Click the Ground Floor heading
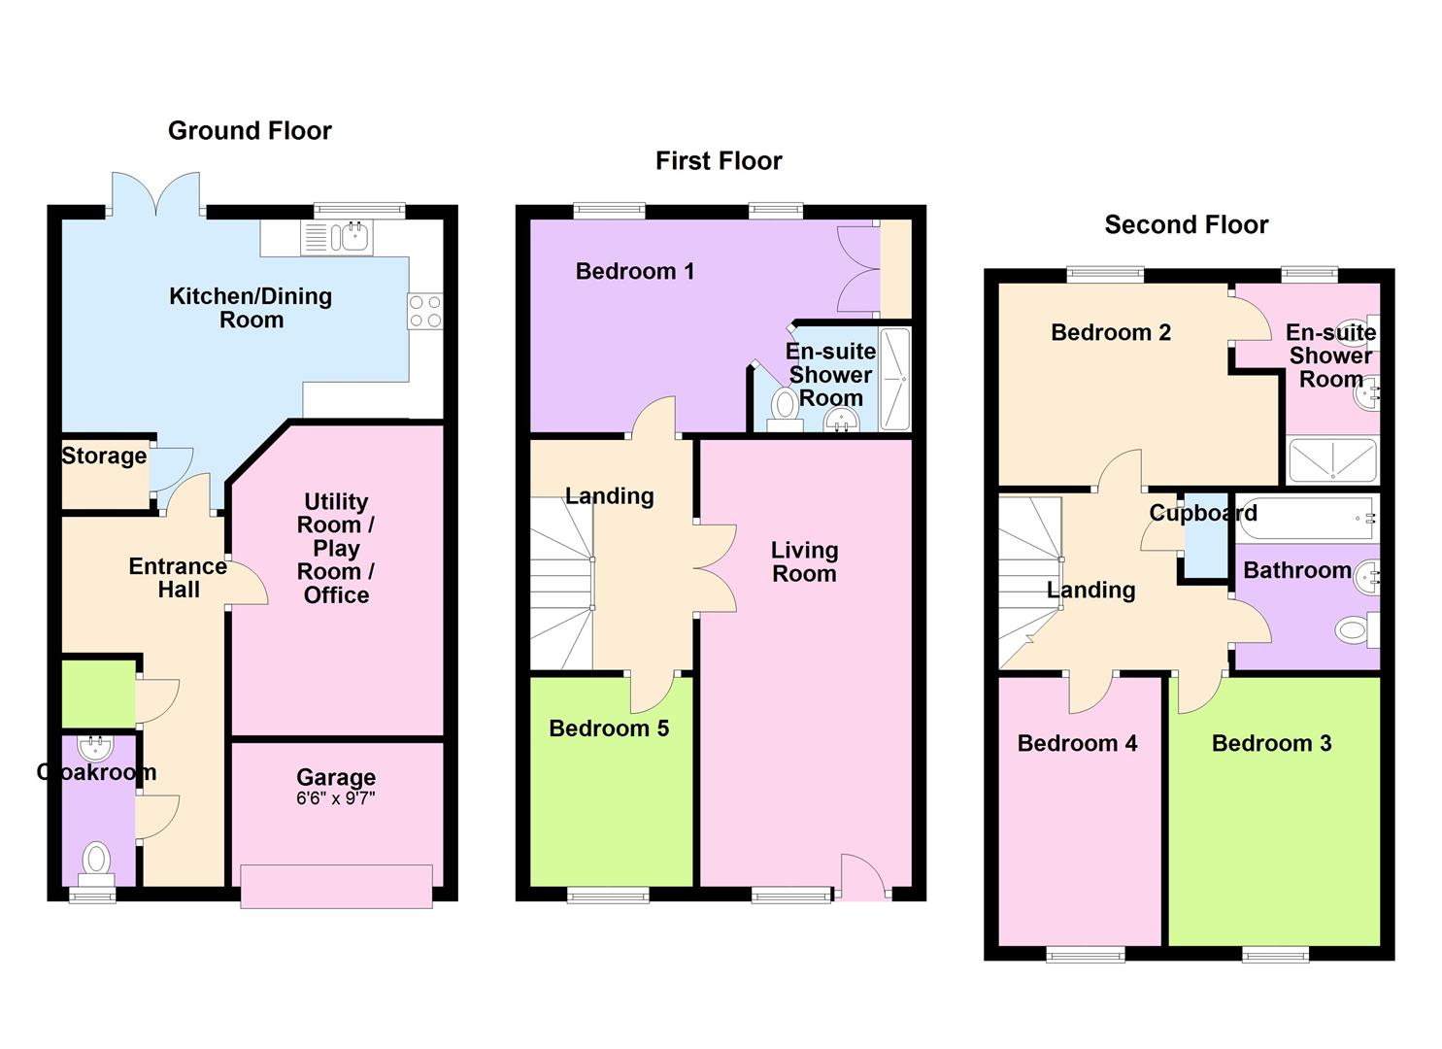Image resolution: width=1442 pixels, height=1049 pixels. pyautogui.click(x=250, y=131)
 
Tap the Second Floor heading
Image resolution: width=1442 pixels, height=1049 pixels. pyautogui.click(x=1186, y=224)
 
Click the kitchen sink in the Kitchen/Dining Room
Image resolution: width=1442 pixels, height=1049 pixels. pyautogui.click(x=337, y=237)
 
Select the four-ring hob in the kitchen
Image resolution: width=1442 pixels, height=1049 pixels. pyautogui.click(x=425, y=311)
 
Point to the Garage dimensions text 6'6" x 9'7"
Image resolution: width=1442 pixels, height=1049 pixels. pyautogui.click(x=335, y=798)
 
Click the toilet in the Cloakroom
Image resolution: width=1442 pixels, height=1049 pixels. pyautogui.click(x=96, y=864)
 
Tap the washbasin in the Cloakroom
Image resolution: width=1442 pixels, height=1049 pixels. pyautogui.click(x=95, y=748)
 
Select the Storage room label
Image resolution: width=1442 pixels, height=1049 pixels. pyautogui.click(x=104, y=456)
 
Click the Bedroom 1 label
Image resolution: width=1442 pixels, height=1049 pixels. pyautogui.click(x=635, y=271)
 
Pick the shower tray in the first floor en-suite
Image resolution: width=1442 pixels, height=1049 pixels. pyautogui.click(x=894, y=379)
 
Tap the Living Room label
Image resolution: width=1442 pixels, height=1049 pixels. pyautogui.click(x=805, y=562)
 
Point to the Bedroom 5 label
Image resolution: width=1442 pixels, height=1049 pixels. pyautogui.click(x=609, y=728)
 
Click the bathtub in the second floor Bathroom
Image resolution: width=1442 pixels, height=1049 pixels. pyautogui.click(x=1307, y=519)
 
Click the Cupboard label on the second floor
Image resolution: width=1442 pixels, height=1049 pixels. pyautogui.click(x=1203, y=513)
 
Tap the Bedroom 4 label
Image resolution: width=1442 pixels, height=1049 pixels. pyautogui.click(x=1077, y=743)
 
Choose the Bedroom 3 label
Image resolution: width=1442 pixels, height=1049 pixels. pyautogui.click(x=1271, y=743)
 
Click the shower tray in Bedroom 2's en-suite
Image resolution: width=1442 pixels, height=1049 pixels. pyautogui.click(x=1332, y=460)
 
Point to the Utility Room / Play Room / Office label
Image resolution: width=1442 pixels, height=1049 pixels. pyautogui.click(x=336, y=548)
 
